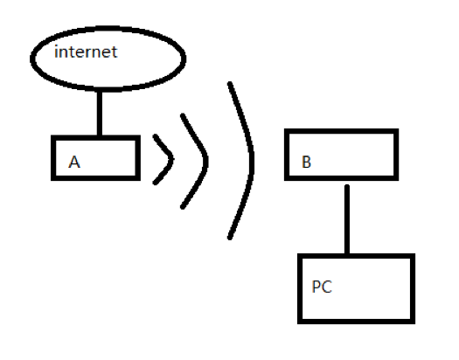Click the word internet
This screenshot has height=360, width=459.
point(86,52)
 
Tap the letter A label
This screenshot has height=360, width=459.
point(74,162)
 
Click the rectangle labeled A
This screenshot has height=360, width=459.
point(52,158)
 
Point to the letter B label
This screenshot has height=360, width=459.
point(306,162)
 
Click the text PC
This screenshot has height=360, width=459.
point(322,287)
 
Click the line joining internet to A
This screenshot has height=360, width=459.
point(100,114)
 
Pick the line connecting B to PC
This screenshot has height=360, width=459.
point(347,219)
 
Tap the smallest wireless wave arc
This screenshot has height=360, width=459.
point(171,159)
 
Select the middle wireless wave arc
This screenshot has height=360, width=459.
point(205,160)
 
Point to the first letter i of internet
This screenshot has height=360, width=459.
point(56,52)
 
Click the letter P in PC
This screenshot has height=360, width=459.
point(316,287)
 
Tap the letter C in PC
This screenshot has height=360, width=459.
point(327,287)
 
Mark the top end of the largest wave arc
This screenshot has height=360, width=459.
point(230,84)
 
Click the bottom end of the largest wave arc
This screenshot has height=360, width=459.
point(230,238)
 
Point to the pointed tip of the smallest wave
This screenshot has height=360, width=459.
point(172,159)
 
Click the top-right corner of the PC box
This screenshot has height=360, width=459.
point(414,255)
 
